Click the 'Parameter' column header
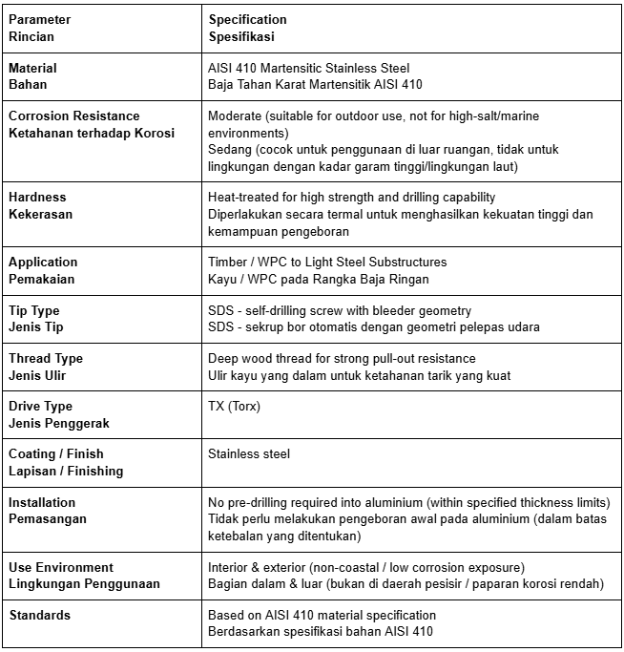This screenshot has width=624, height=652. point(39,19)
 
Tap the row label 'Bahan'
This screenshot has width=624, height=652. point(28,85)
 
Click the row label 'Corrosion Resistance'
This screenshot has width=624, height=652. point(73,116)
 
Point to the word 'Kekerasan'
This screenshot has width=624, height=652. point(41,214)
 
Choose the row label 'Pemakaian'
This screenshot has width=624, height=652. point(41,279)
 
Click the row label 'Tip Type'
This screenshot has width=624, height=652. point(33,310)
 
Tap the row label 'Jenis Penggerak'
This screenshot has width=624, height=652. point(58,423)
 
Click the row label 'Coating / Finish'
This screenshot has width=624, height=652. point(55,453)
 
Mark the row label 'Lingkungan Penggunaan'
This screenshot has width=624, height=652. point(84,583)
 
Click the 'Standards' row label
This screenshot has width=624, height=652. point(39,615)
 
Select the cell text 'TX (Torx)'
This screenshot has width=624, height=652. point(233,407)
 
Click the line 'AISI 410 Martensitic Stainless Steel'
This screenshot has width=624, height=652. point(308,68)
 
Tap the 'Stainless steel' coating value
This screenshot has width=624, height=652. point(248,453)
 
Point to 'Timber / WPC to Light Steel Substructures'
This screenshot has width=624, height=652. point(326,262)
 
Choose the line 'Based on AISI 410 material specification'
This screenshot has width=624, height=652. point(322,615)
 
